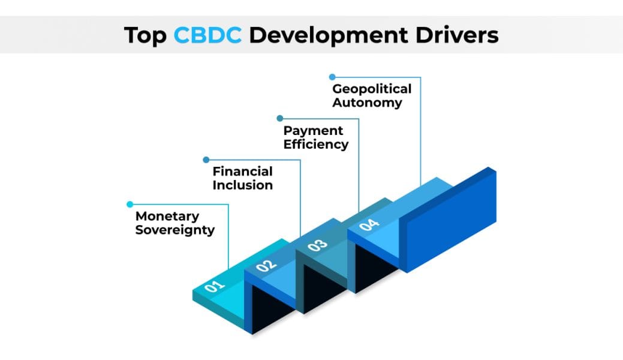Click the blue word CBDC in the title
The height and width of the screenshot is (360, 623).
tap(207, 35)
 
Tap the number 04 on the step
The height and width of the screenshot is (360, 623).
tap(369, 225)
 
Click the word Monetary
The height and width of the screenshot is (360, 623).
tap(167, 216)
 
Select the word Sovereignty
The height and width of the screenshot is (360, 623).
tap(174, 230)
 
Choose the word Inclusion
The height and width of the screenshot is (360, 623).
tap(242, 185)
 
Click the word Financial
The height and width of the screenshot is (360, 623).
tap(242, 171)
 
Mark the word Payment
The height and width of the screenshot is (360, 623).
tap(313, 130)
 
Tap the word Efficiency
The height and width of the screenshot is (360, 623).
tap(315, 144)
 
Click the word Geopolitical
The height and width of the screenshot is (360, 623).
tap(372, 89)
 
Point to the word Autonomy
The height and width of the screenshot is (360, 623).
tap(367, 103)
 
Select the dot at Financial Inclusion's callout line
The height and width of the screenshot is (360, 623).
tap(206, 160)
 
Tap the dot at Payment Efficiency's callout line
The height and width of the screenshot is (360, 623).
tap(279, 118)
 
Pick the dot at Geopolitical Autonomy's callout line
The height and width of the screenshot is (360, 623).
tap(332, 77)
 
